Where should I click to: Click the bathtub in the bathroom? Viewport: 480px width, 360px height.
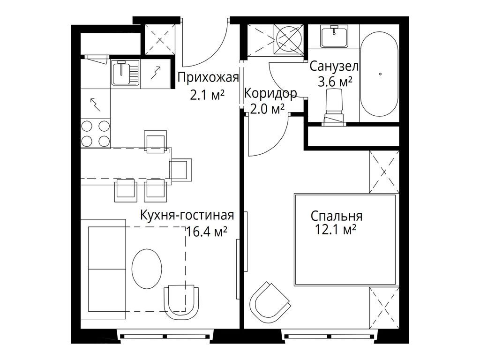coord(379,74)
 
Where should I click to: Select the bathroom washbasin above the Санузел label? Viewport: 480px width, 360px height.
coord(334,37)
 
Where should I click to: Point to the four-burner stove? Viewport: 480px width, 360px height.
coord(95,133)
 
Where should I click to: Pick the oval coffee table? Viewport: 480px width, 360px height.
coord(147,269)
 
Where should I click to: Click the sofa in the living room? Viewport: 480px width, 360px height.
coord(107,268)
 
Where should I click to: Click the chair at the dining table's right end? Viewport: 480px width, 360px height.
coord(181,169)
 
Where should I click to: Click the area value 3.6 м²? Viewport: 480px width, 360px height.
coord(335,82)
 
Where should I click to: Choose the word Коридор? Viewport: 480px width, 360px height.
coord(270,94)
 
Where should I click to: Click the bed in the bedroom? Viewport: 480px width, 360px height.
coord(345,240)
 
